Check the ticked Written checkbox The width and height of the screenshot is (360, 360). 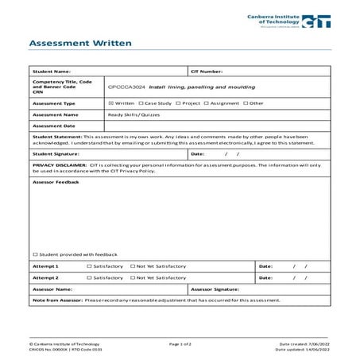(x=110, y=103)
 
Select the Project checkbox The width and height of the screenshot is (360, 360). (x=176, y=103)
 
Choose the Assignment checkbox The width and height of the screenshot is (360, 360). (x=206, y=103)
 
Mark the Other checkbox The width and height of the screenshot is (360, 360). (x=246, y=103)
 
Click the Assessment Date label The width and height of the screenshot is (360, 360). (x=53, y=125)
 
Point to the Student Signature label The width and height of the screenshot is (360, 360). (x=56, y=153)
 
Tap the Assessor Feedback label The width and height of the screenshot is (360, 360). (x=56, y=182)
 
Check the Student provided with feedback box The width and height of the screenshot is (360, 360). (x=35, y=254)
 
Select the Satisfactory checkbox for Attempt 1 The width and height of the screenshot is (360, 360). (x=89, y=265)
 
